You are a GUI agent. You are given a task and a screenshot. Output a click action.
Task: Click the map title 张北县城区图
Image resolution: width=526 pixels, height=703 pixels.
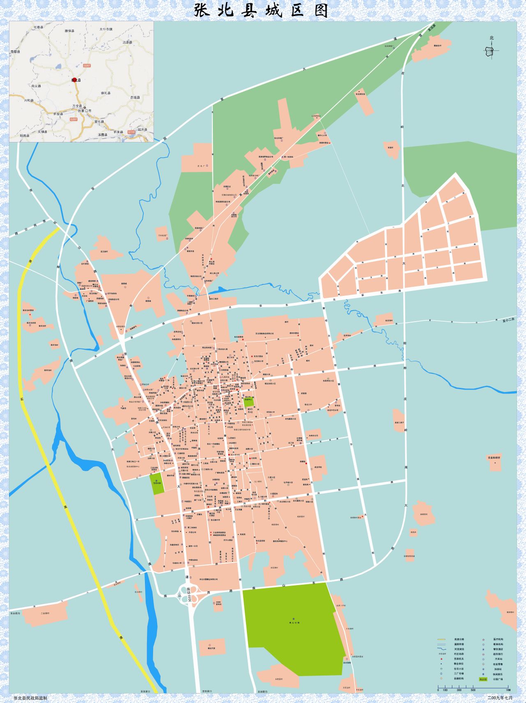pos(262,10)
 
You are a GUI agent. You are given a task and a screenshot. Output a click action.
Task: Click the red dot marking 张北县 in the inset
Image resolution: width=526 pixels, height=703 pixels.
pos(75,80)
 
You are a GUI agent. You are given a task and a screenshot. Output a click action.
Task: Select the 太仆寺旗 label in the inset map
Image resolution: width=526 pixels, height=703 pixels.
pos(106,30)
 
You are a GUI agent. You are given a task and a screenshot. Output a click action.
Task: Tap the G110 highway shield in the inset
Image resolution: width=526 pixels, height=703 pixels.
pos(131,132)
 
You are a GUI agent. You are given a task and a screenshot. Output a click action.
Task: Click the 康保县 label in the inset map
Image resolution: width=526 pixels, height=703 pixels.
pos(69,31)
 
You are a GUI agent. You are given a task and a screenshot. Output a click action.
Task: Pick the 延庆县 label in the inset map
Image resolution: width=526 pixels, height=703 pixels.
pos(142,129)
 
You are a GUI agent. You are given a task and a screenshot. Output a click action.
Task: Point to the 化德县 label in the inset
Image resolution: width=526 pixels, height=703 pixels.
pos(38,27)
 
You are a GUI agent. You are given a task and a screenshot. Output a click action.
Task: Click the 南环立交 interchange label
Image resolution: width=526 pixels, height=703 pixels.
pos(189,595)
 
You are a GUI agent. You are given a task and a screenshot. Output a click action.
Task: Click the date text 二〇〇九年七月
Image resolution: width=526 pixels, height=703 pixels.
pos(500,698)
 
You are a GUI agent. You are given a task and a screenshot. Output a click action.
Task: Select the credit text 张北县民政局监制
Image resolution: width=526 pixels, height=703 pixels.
pos(30,698)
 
